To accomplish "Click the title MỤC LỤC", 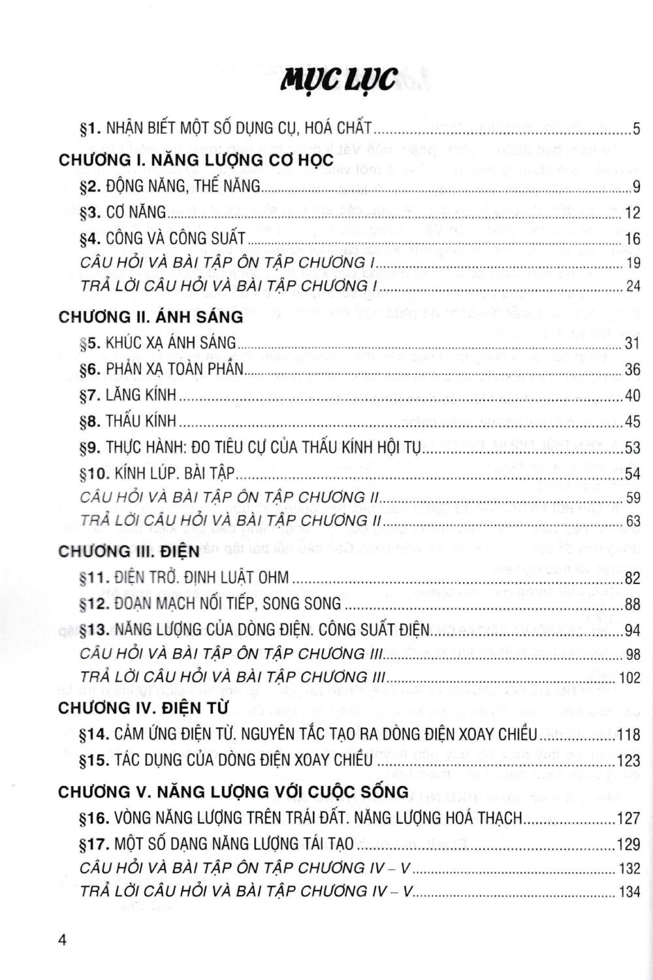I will pyautogui.click(x=338, y=80).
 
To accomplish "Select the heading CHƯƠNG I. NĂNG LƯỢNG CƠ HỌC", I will pyautogui.click(x=196, y=161).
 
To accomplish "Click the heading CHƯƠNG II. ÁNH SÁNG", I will pyautogui.click(x=151, y=318).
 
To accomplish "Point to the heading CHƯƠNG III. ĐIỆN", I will pyautogui.click(x=129, y=551).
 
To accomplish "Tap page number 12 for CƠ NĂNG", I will pyautogui.click(x=632, y=213).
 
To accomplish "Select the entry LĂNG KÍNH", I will pyautogui.click(x=141, y=395).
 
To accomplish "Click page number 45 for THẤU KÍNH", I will pyautogui.click(x=632, y=422).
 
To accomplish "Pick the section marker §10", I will pyautogui.click(x=93, y=474).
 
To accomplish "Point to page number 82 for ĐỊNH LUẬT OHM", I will pyautogui.click(x=632, y=578).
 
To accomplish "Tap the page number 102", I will pyautogui.click(x=629, y=678).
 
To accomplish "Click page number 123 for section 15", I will pyautogui.click(x=629, y=760).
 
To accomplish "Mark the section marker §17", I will pyautogui.click(x=93, y=844).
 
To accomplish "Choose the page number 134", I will pyautogui.click(x=629, y=892).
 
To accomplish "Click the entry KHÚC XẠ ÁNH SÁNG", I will pyautogui.click(x=171, y=343).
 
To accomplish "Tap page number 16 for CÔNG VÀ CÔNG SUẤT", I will pyautogui.click(x=632, y=239).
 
